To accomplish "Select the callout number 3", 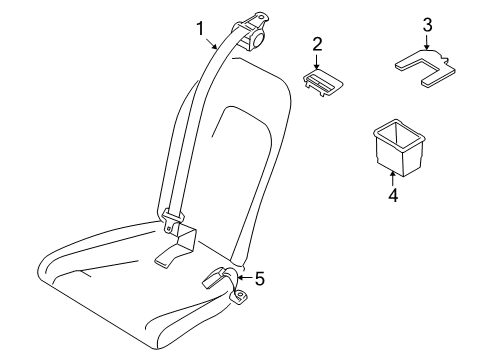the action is click(427, 25).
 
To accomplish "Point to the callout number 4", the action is click(392, 197).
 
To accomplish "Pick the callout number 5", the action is click(259, 279).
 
